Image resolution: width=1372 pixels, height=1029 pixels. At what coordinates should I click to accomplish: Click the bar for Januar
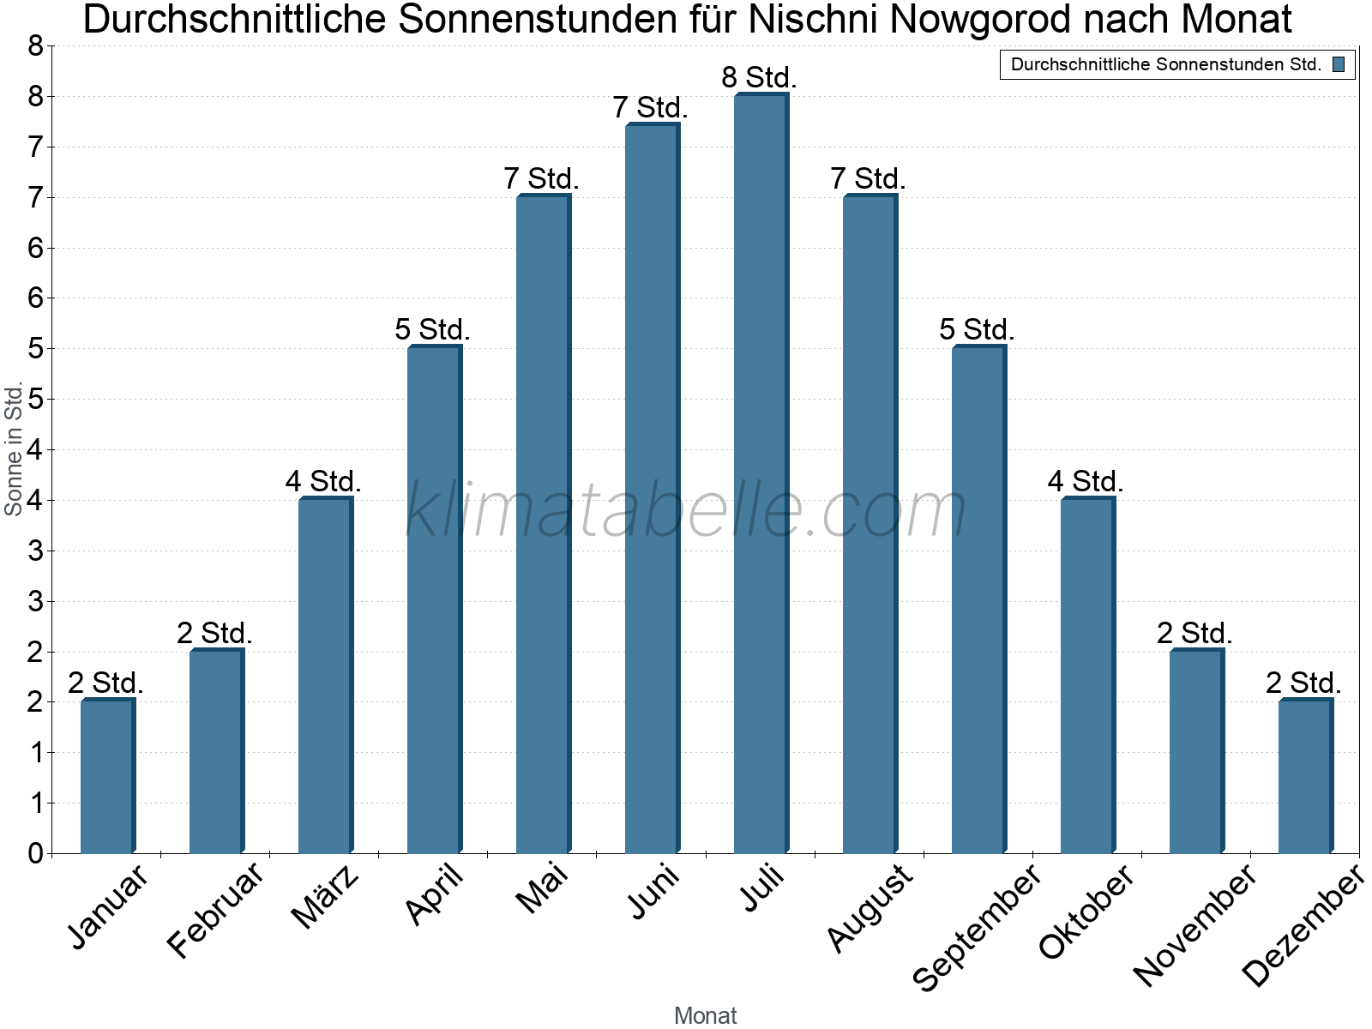[107, 776]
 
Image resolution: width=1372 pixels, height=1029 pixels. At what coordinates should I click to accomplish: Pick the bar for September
[978, 599]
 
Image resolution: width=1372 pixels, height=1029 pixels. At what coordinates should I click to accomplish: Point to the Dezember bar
[1305, 776]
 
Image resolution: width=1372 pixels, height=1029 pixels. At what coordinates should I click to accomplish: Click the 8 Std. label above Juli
[760, 77]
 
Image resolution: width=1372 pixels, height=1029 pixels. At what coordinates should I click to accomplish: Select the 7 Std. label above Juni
[650, 108]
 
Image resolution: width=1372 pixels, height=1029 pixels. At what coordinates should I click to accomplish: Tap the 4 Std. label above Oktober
[1086, 481]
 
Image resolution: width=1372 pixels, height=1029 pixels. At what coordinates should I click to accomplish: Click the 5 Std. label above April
[432, 329]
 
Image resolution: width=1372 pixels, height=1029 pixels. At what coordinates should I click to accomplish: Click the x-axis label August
[870, 907]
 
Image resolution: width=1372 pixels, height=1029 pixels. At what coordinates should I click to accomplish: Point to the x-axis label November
[1194, 926]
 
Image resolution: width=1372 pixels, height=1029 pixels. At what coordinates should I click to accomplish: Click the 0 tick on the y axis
[35, 853]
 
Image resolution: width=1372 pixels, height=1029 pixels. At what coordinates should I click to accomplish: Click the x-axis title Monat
[705, 1015]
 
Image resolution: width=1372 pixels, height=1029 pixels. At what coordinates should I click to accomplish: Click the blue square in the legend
[1339, 64]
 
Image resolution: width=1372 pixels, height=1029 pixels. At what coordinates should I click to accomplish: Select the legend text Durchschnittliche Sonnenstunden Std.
[1166, 64]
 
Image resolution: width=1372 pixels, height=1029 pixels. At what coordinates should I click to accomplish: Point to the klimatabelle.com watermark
[686, 510]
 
